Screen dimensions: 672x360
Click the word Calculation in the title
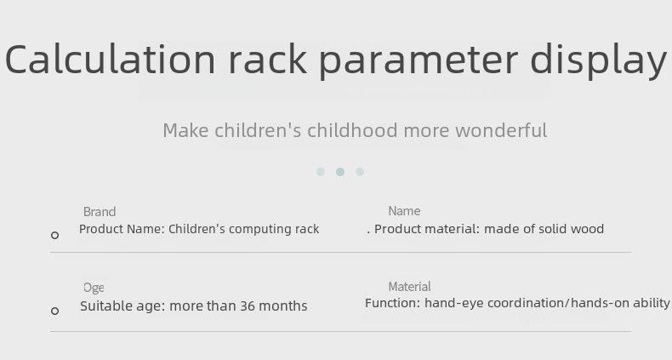click(x=110, y=59)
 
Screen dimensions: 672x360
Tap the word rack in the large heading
click(x=268, y=59)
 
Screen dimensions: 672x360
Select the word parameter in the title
click(x=419, y=63)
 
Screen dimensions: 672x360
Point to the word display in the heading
click(x=598, y=61)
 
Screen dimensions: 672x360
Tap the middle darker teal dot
click(x=340, y=172)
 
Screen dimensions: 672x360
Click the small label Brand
click(x=100, y=212)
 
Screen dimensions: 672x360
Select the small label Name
click(x=404, y=211)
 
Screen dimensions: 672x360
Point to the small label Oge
click(x=94, y=288)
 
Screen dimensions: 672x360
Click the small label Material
click(x=410, y=287)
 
